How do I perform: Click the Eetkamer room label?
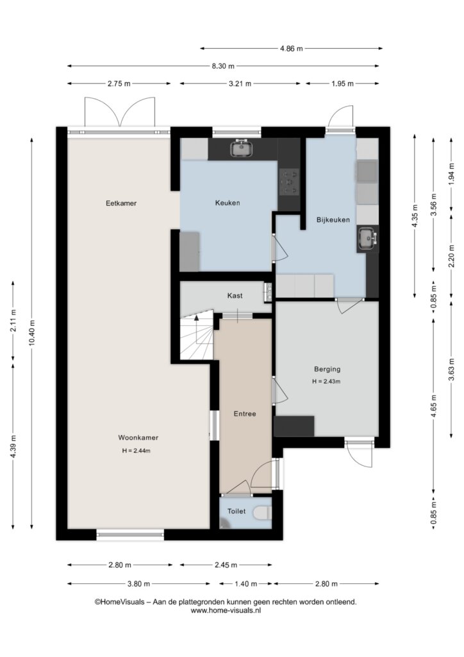(x=121, y=203)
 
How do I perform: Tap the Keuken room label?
(x=228, y=203)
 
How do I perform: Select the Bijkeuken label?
(x=333, y=219)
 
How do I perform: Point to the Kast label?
(x=235, y=295)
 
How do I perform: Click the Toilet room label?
(x=236, y=511)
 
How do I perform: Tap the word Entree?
(x=245, y=414)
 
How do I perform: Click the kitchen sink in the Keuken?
(x=242, y=148)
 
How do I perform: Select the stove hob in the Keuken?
(x=289, y=182)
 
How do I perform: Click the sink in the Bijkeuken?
(x=367, y=239)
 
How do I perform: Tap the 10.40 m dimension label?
(x=32, y=333)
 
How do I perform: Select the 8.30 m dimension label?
(x=223, y=66)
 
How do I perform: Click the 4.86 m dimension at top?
(x=291, y=48)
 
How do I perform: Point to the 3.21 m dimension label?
(x=240, y=83)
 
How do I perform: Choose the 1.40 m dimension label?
(x=246, y=584)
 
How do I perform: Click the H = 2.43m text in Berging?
(x=326, y=381)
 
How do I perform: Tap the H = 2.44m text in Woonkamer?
(x=136, y=451)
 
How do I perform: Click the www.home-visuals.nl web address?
(x=226, y=611)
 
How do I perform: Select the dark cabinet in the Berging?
(x=294, y=426)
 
